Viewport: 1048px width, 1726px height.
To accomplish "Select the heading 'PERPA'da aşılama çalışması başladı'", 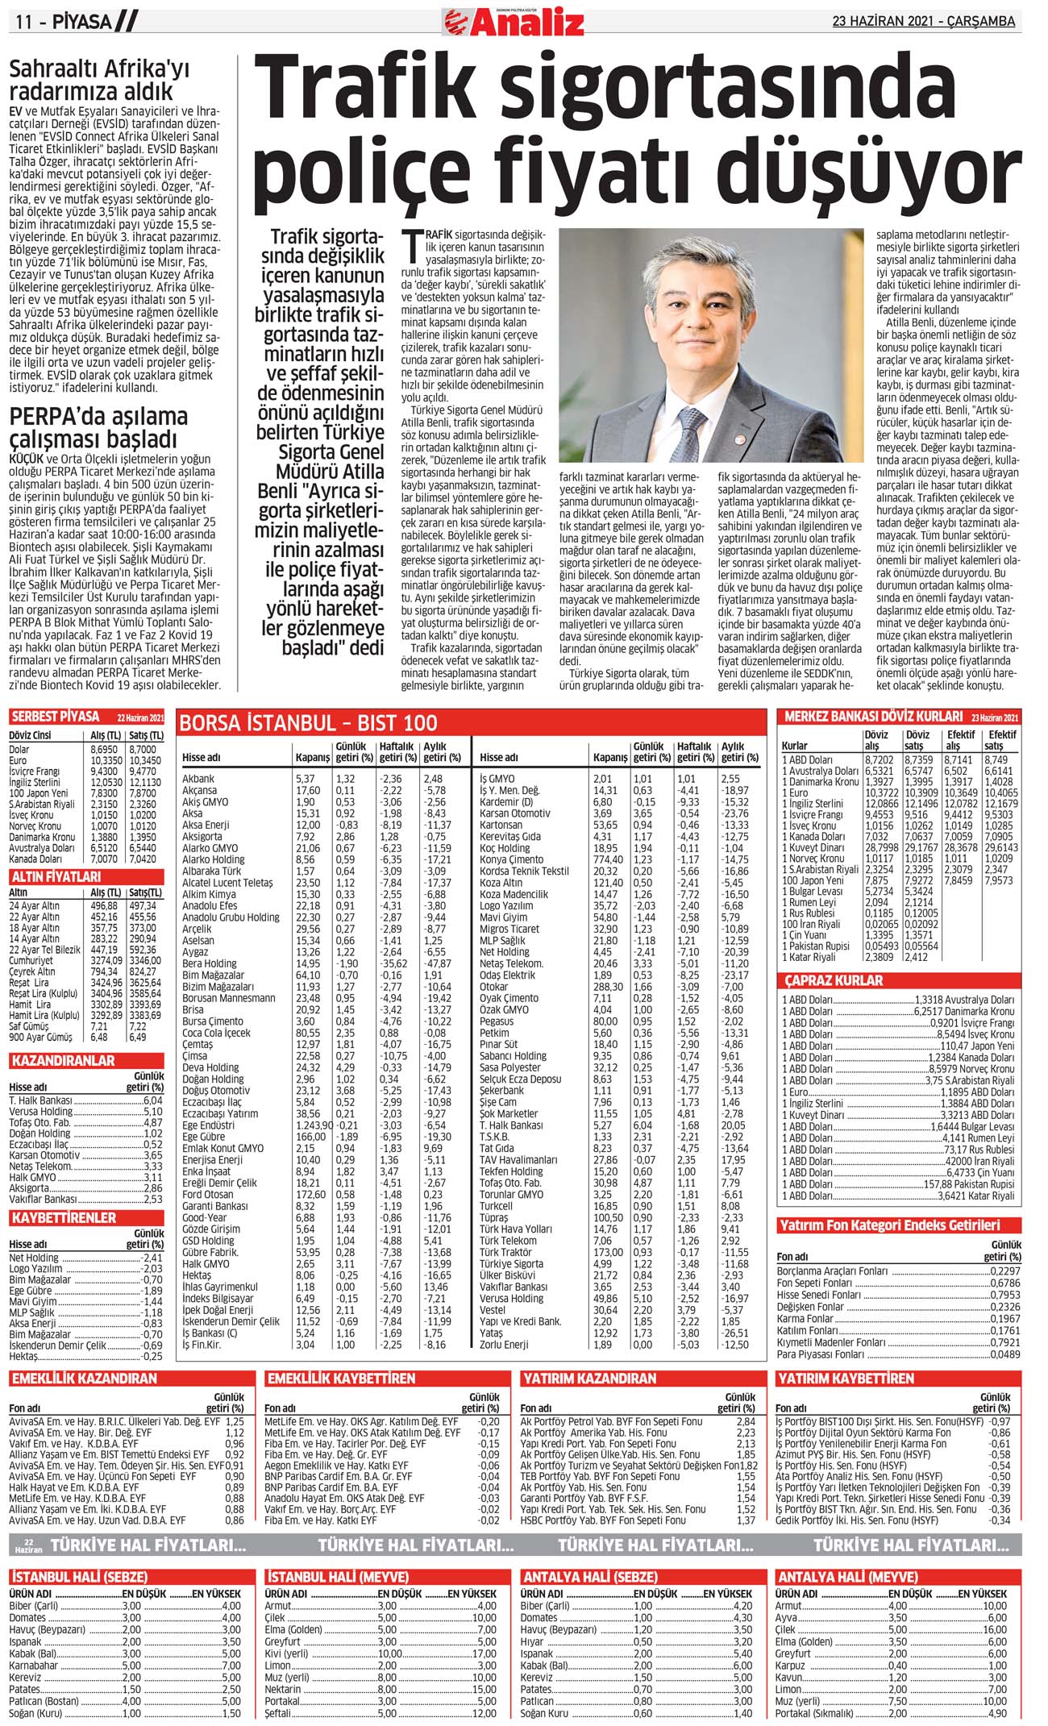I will (x=98, y=428).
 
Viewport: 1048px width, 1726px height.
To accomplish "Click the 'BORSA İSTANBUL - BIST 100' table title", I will (x=308, y=723).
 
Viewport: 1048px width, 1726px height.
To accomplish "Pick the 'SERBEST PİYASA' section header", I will (x=55, y=717).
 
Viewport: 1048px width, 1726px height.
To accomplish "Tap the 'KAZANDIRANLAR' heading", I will (x=63, y=1061).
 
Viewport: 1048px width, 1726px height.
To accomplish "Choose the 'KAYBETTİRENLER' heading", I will (x=64, y=1217).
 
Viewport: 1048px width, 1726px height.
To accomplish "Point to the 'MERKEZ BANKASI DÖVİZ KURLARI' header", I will (x=873, y=717).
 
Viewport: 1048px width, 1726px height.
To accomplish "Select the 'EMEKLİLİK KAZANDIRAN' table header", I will (x=85, y=1378).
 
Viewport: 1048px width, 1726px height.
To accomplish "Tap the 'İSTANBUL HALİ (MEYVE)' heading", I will (x=338, y=1577).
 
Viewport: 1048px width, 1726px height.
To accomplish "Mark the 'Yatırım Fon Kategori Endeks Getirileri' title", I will (x=889, y=1225).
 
